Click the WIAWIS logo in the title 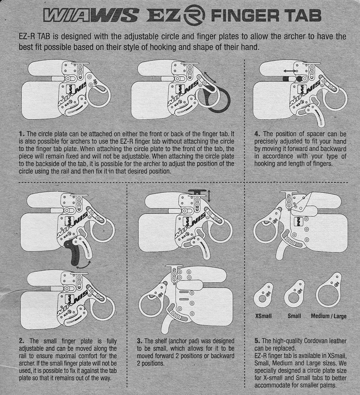pyautogui.click(x=90, y=15)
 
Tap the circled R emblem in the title pyautogui.click(x=194, y=15)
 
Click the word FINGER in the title pyautogui.click(x=245, y=15)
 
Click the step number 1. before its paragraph pyautogui.click(x=22, y=134)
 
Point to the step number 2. pyautogui.click(x=22, y=341)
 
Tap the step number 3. pyautogui.click(x=140, y=341)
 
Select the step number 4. pyautogui.click(x=257, y=134)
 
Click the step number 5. pyautogui.click(x=257, y=341)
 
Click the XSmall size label pyautogui.click(x=263, y=316)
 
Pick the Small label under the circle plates pyautogui.click(x=294, y=316)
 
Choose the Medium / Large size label pyautogui.click(x=329, y=316)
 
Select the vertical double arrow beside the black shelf pyautogui.click(x=209, y=196)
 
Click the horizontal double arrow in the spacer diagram pyautogui.click(x=290, y=71)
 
